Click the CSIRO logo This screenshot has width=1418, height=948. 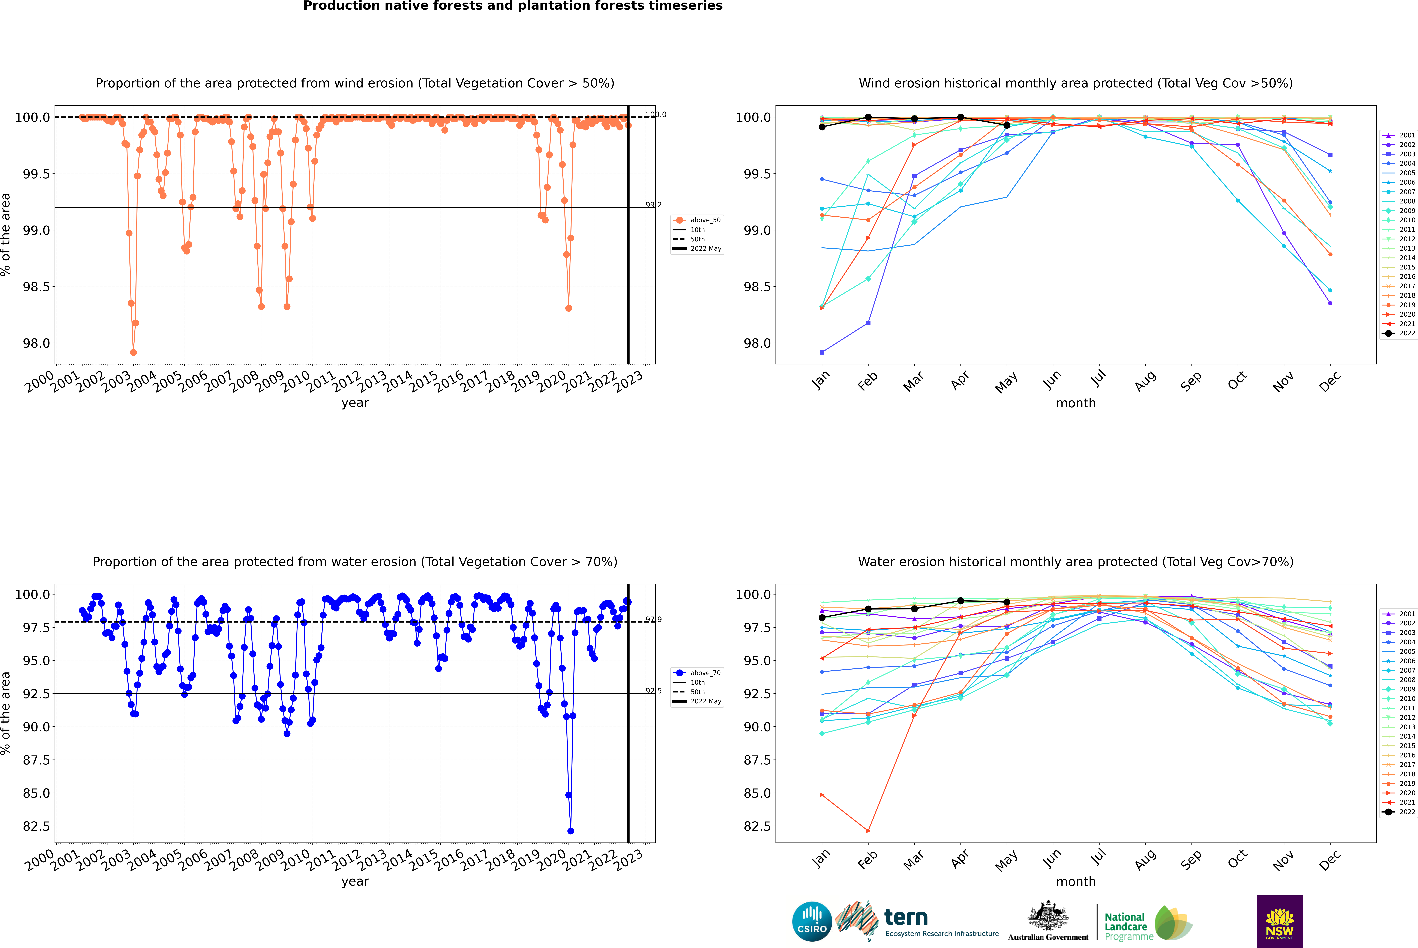tap(812, 921)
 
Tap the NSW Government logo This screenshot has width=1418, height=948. tap(1280, 921)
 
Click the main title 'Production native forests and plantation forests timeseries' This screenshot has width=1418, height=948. tap(513, 6)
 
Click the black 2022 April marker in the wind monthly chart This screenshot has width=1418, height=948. tap(960, 117)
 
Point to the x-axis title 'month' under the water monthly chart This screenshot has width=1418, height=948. tap(1075, 882)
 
